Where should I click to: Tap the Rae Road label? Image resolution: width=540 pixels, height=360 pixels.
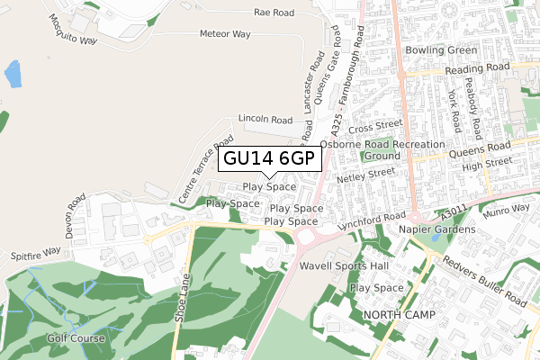274,13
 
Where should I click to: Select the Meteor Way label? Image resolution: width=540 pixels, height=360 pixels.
226,34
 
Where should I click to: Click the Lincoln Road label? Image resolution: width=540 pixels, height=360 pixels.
265,119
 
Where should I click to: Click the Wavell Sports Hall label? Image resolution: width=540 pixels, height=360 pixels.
335,266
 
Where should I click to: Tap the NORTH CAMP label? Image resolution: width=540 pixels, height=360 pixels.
400,315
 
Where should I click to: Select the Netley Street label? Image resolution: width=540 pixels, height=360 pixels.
365,175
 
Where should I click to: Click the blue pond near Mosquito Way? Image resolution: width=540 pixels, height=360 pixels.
13,74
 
